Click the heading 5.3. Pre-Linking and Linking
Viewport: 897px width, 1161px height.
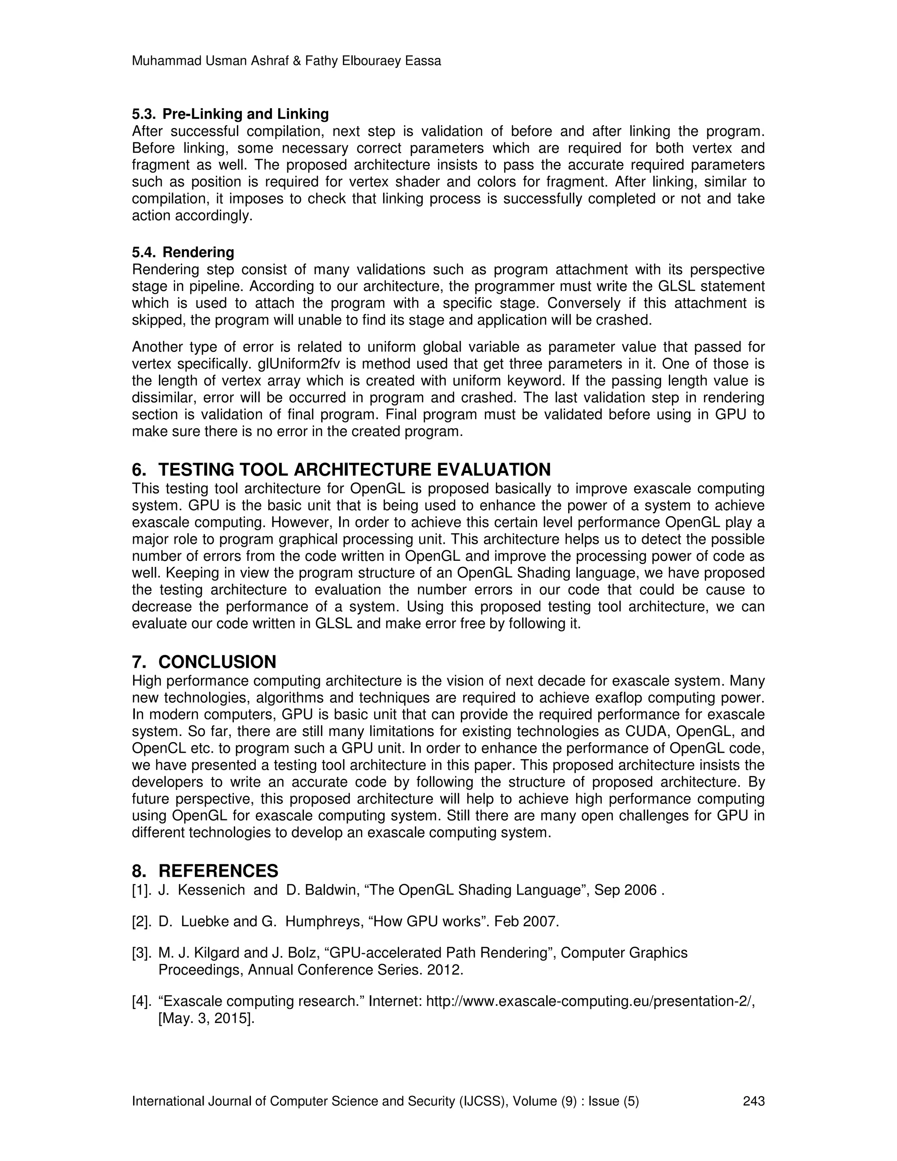click(x=230, y=114)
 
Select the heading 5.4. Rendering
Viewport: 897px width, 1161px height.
click(x=183, y=252)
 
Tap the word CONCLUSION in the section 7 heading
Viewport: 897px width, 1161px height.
click(x=217, y=662)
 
